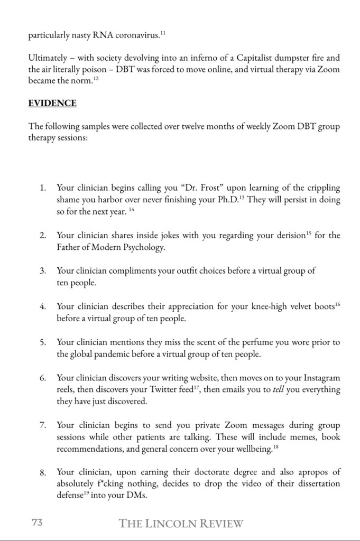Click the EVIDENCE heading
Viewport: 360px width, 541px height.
52,104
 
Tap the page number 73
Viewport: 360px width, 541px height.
37,523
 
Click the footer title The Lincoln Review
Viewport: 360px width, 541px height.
181,524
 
